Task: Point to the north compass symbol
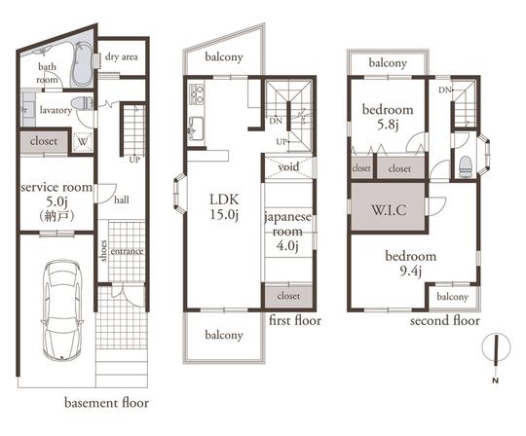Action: (x=497, y=351)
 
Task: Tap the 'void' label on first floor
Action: (x=288, y=166)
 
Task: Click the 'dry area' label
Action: (x=122, y=57)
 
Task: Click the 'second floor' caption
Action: (x=444, y=319)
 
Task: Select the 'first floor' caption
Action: (x=293, y=319)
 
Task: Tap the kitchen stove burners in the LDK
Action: (x=195, y=94)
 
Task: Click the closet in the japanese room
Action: (x=288, y=295)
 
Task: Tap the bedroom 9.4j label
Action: (x=412, y=263)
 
